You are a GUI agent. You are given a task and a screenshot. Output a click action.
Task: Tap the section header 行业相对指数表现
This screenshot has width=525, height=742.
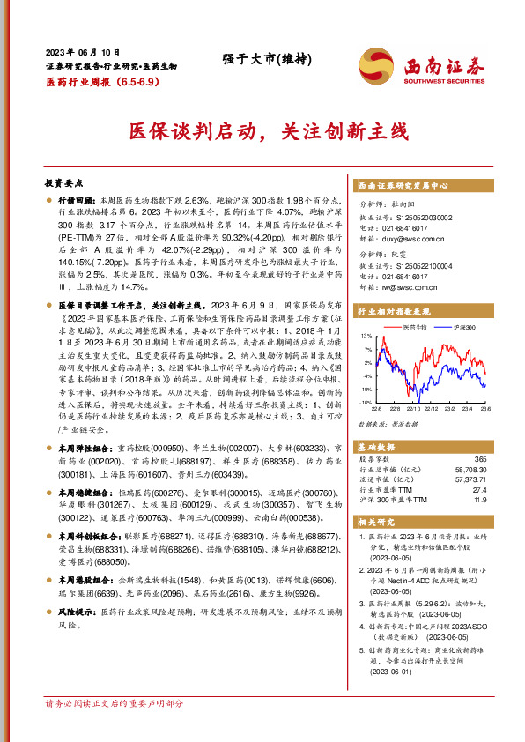coord(393,311)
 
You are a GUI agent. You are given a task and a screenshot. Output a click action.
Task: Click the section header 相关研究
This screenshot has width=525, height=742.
coord(374,522)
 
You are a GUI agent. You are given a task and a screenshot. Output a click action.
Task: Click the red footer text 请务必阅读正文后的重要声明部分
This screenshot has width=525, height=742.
coord(115,728)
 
